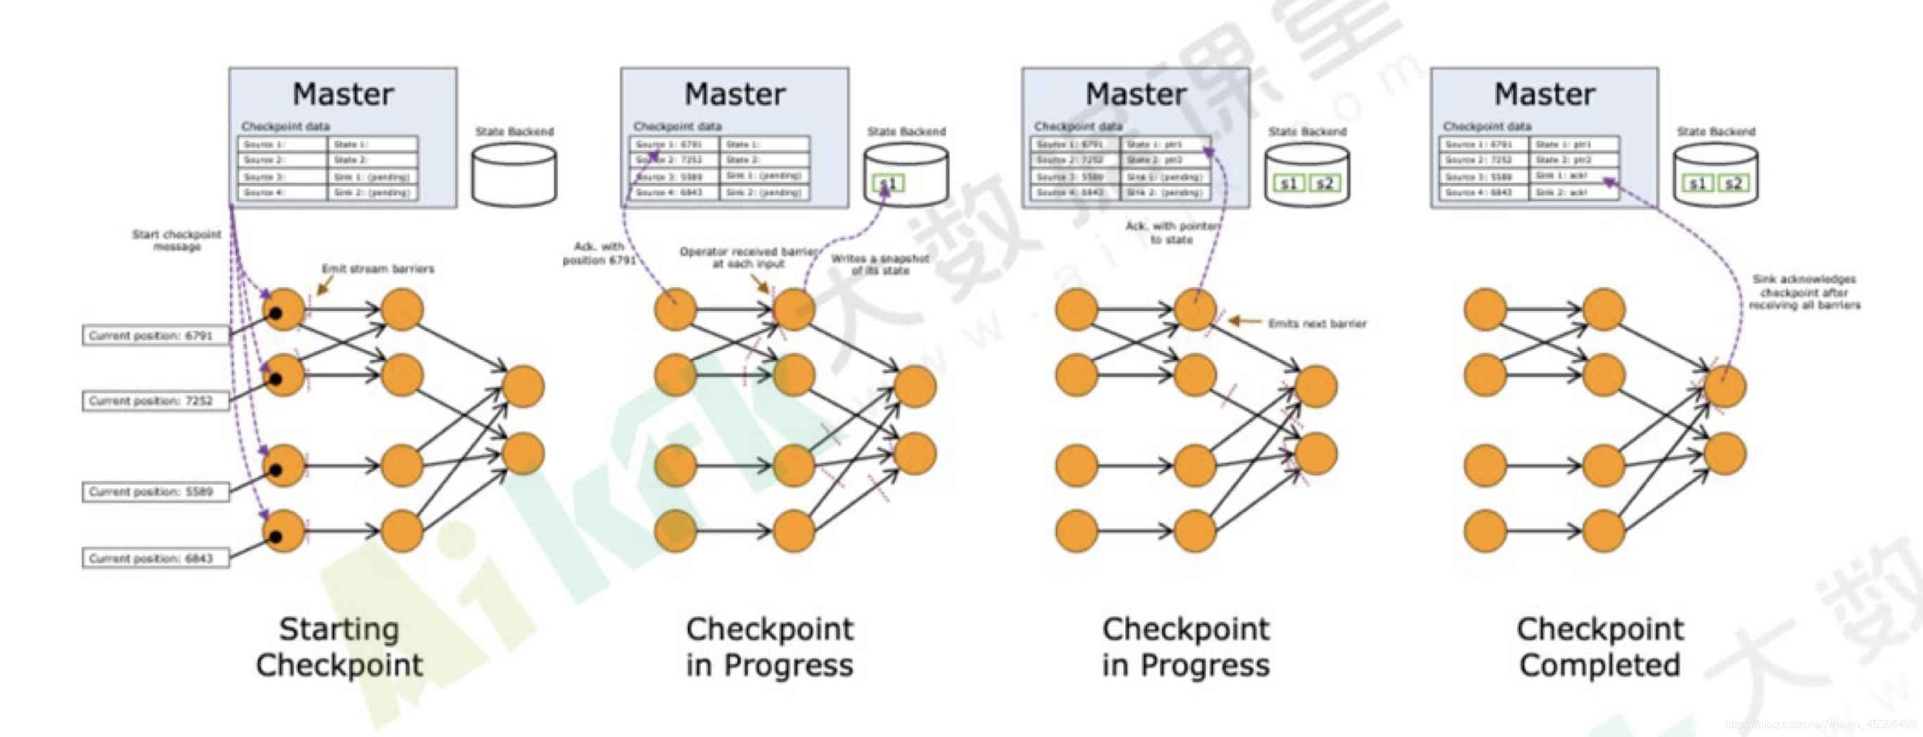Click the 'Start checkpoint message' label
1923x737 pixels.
pos(177,241)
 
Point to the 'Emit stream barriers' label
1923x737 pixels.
pos(378,269)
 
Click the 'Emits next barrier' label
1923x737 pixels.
pos(1317,323)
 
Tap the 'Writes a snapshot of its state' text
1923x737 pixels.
pos(880,264)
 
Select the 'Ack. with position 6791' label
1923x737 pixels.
pos(599,253)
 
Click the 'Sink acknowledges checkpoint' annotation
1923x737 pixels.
pos(1804,292)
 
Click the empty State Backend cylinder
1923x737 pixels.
pos(514,175)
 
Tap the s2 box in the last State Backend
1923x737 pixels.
pos(1734,184)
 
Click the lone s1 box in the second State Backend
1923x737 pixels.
pos(888,184)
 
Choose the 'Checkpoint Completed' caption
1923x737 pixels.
pos(1600,646)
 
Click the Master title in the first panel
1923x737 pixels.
pos(343,95)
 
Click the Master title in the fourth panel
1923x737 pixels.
pos(1544,95)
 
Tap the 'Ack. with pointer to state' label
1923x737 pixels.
pos(1172,232)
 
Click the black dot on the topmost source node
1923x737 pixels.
pos(275,314)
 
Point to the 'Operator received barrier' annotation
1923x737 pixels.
pos(749,257)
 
